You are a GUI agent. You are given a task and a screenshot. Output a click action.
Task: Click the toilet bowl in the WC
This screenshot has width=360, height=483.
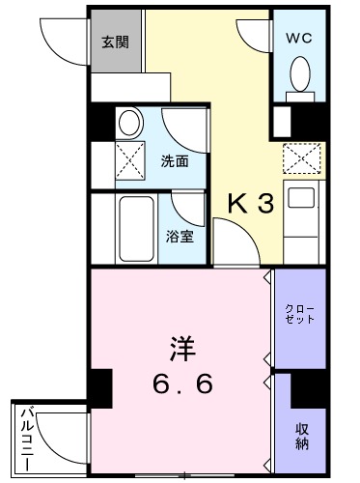coord(299,74)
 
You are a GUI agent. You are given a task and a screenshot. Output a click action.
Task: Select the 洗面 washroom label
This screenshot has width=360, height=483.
coord(175,161)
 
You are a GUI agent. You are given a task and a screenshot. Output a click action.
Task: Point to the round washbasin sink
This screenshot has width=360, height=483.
coord(127,123)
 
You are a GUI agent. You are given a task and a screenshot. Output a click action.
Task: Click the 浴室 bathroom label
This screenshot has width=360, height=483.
coord(180,236)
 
